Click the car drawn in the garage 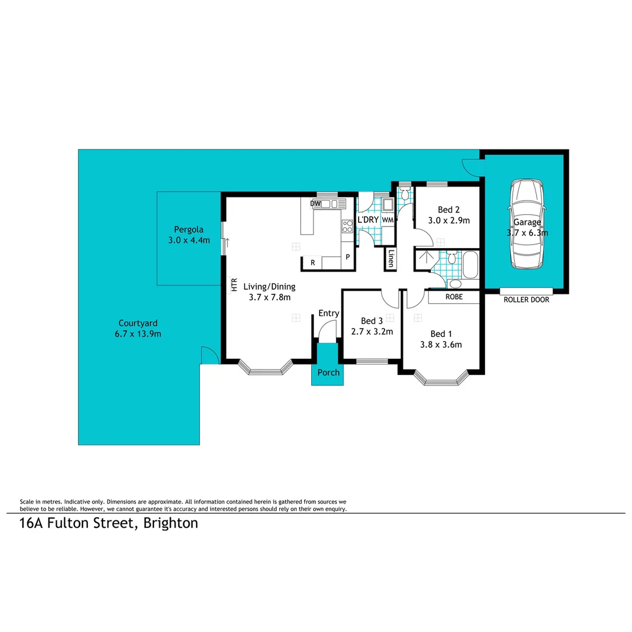coord(528,224)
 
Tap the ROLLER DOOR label coord(526,300)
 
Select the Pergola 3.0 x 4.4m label coord(188,234)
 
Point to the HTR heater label coord(233,285)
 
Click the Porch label coord(328,373)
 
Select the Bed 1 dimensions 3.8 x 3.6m coord(441,345)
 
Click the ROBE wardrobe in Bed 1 coord(454,297)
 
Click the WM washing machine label coord(387,219)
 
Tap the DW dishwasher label coord(316,203)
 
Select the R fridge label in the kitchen coord(312,263)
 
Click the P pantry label coord(347,257)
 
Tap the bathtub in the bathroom coord(470,267)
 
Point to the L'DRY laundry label coord(367,219)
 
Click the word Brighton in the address coord(169,523)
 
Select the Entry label coord(328,314)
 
